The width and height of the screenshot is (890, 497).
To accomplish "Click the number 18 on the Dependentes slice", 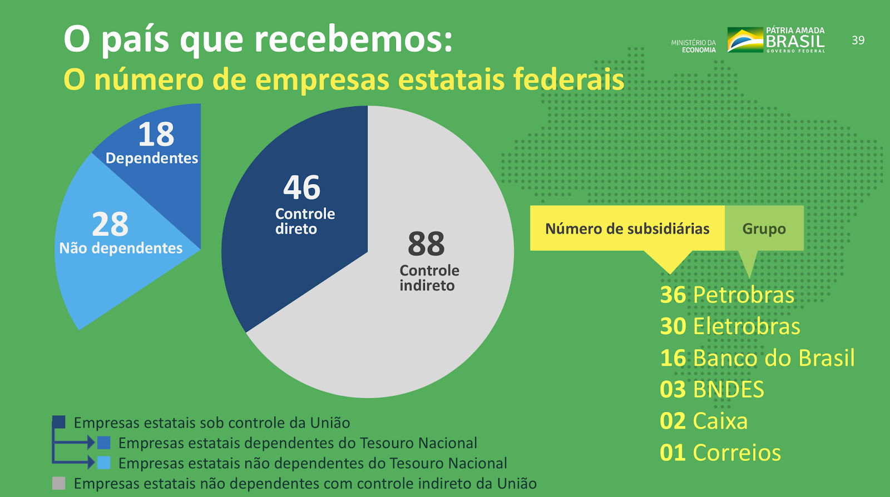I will point(156,134).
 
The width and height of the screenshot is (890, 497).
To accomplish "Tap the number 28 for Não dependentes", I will point(110,224).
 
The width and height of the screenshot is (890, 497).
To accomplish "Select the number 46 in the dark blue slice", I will point(301,187).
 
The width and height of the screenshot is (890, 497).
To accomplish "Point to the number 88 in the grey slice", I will point(426,243).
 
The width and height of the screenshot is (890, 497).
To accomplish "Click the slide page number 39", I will point(858,40).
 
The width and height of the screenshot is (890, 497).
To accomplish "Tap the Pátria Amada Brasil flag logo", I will point(745,40).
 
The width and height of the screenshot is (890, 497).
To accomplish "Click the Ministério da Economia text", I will point(693,46).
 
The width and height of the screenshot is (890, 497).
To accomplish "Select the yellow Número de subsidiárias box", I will point(627,228).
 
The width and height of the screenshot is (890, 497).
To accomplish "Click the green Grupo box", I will point(764,228).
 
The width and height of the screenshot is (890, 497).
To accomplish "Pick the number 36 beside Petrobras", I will point(673,295).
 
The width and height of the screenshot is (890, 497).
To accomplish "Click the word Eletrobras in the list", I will point(746,326).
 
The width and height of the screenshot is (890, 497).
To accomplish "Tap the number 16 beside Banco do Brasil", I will point(673,358).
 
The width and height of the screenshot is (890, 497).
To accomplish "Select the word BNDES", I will point(729,390).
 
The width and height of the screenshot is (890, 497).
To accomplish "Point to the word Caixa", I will point(720,421).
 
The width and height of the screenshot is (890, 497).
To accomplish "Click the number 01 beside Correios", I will point(673,453).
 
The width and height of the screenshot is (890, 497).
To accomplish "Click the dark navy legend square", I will point(59,422).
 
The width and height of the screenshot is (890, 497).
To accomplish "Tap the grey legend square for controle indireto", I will point(59,483).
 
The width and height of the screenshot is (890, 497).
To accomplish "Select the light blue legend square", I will point(104,463).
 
